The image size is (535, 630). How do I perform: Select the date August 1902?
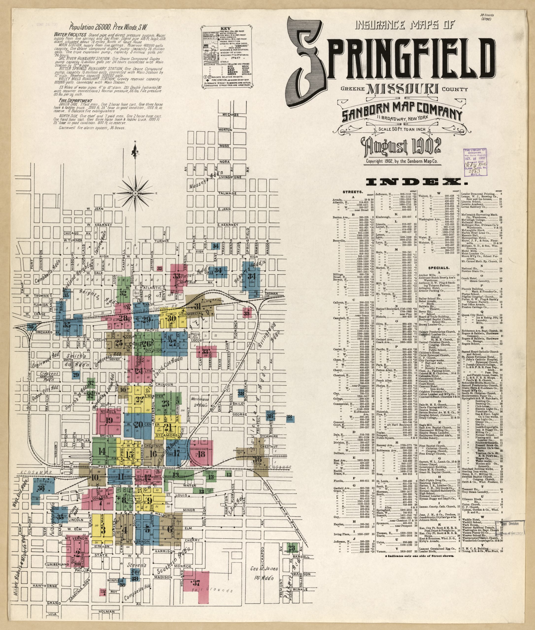point(400,147)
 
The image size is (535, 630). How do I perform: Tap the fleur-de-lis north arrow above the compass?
point(135,150)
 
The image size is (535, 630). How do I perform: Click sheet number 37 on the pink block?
point(196,583)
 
